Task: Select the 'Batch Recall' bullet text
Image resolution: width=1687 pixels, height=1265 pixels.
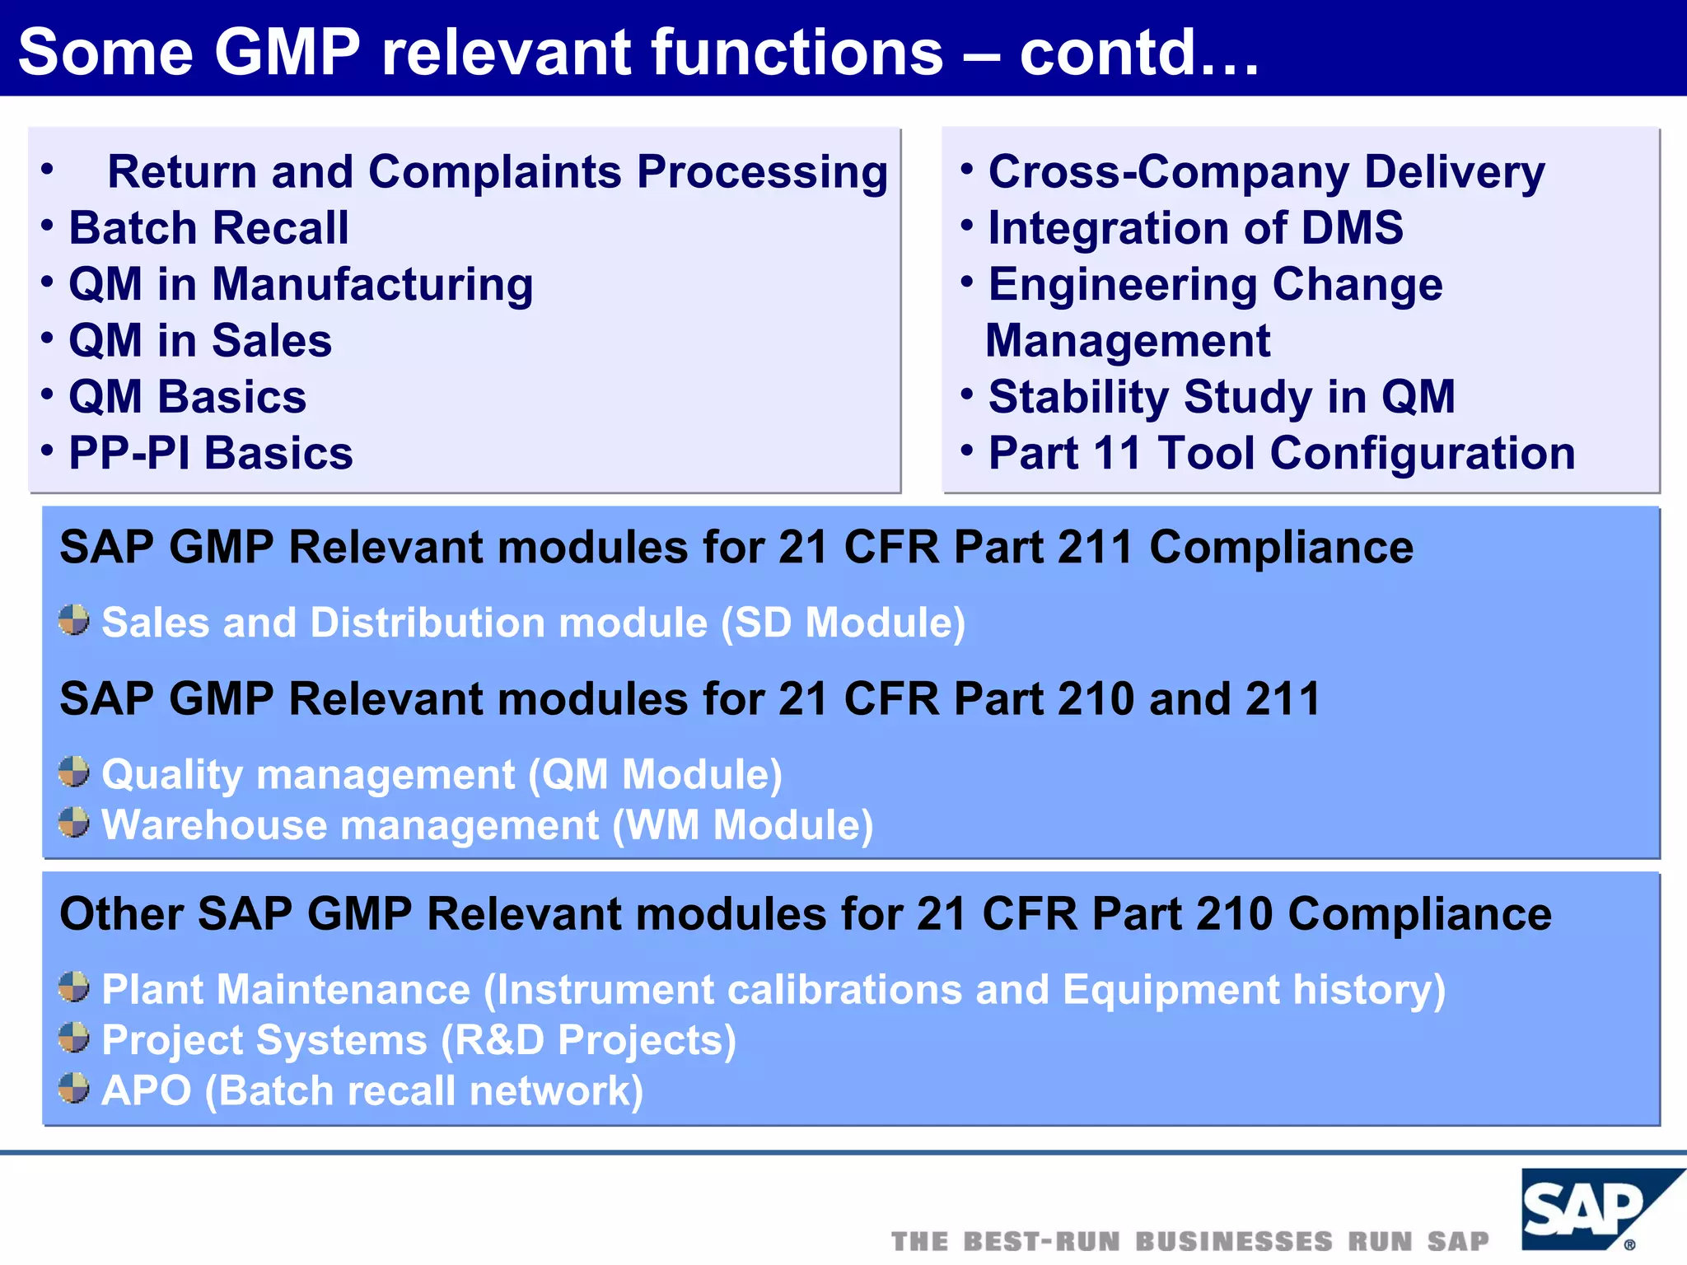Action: pyautogui.click(x=208, y=228)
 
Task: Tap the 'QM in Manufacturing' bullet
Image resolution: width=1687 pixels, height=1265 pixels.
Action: pyautogui.click(x=301, y=285)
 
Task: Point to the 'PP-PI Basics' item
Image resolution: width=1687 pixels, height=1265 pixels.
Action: pyautogui.click(x=210, y=454)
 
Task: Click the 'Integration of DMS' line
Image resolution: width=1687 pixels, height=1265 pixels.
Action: pyautogui.click(x=1195, y=228)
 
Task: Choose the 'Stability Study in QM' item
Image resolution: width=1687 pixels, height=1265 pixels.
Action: pyautogui.click(x=1222, y=397)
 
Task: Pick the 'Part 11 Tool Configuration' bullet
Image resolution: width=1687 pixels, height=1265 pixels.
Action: pyautogui.click(x=1281, y=454)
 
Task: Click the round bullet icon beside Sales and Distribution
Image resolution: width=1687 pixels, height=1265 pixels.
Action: pyautogui.click(x=74, y=620)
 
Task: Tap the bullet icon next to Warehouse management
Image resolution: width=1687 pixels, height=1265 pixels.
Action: pyautogui.click(x=74, y=822)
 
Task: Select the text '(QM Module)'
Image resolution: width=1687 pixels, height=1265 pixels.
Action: pyautogui.click(x=655, y=775)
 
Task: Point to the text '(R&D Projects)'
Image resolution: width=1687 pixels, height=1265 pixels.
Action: pyautogui.click(x=588, y=1040)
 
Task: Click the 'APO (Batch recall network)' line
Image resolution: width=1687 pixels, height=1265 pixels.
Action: pyautogui.click(x=372, y=1090)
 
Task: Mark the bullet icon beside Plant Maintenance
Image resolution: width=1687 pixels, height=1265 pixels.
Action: pyautogui.click(x=74, y=987)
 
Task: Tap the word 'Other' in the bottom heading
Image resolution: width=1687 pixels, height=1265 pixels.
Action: pyautogui.click(x=122, y=914)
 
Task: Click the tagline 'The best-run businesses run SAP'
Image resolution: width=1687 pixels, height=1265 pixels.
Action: pyautogui.click(x=1190, y=1241)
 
